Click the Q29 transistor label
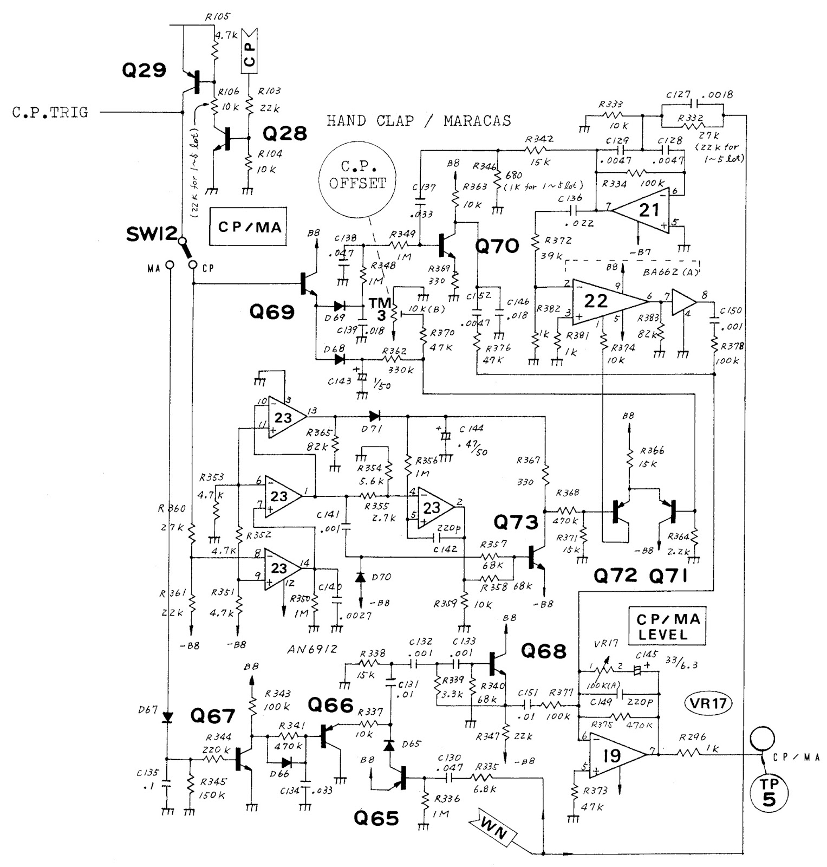click(144, 70)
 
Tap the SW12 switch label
click(151, 234)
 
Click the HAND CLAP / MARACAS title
click(418, 120)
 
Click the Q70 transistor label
click(497, 247)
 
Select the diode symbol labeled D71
click(374, 416)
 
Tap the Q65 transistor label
click(376, 818)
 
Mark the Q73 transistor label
click(516, 522)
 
